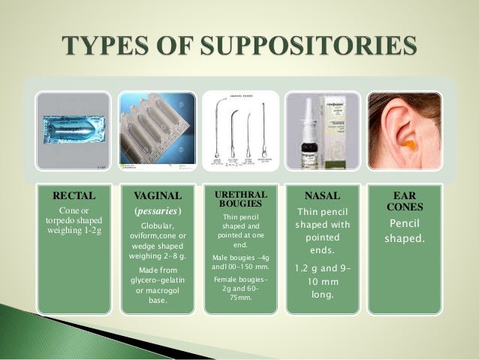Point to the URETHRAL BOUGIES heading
click(x=234, y=199)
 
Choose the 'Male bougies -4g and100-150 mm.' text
click(x=234, y=262)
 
